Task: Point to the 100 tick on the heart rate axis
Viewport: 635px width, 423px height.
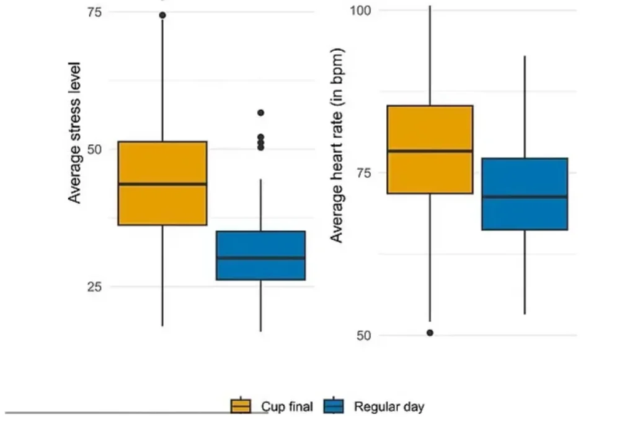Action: [360, 11]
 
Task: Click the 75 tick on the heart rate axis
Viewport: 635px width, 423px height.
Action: [364, 173]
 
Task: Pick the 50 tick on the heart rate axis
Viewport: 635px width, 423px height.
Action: [364, 336]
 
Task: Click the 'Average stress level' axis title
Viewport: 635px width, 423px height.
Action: [75, 132]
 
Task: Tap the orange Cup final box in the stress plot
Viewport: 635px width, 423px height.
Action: [162, 204]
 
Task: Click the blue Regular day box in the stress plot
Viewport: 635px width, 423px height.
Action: [260, 269]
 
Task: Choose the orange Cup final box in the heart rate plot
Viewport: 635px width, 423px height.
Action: [430, 173]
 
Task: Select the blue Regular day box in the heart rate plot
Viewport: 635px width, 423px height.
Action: [525, 214]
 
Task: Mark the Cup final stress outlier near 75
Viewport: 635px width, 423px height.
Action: [162, 15]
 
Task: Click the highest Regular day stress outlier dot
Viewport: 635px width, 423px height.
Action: [260, 113]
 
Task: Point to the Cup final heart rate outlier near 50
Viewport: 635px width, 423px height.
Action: [430, 333]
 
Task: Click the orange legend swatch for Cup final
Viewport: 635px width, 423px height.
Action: [241, 406]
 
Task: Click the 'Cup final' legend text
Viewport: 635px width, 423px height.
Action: [286, 407]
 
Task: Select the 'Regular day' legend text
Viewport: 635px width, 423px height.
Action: [389, 407]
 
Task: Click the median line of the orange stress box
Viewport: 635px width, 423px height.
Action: [162, 184]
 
